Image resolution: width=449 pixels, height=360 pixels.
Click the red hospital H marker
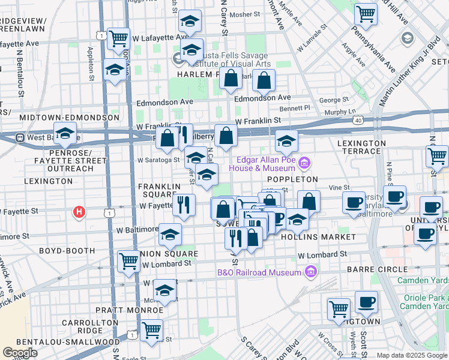click(78, 212)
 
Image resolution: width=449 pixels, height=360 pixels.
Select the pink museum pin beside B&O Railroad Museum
click(310, 273)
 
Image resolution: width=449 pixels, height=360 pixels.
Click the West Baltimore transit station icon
click(20, 137)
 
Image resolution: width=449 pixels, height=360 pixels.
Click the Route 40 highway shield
click(358, 121)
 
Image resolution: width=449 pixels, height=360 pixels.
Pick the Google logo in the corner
click(20, 353)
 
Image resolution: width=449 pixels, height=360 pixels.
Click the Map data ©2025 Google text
click(412, 355)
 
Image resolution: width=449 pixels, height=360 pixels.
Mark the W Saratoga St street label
click(158, 160)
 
